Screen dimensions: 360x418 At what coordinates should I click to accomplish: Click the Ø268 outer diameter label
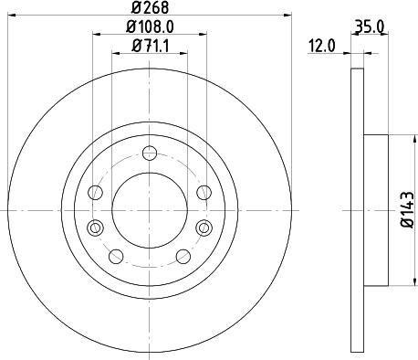pos(151,10)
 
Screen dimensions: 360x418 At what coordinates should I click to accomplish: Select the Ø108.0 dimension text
pos(151,28)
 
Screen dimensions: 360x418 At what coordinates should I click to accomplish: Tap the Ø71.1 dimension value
pos(150,46)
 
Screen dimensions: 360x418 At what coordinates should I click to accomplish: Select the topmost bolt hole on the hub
pos(150,154)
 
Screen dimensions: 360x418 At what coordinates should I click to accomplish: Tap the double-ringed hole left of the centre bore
pos(93,228)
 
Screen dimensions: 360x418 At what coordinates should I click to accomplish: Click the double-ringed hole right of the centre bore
pos(204,228)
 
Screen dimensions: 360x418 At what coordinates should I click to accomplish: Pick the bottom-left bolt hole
pos(117,256)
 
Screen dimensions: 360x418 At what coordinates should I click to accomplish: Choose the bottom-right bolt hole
pos(182,256)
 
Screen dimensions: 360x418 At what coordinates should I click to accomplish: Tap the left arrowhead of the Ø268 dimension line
pos(19,16)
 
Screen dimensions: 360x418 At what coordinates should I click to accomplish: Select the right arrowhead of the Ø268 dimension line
pos(279,16)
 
